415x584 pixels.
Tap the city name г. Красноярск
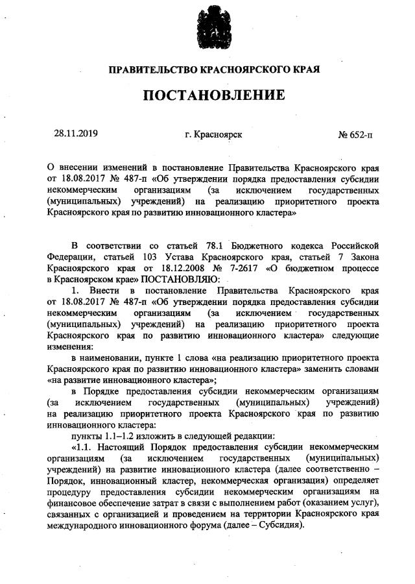point(213,135)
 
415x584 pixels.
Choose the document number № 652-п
point(355,135)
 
